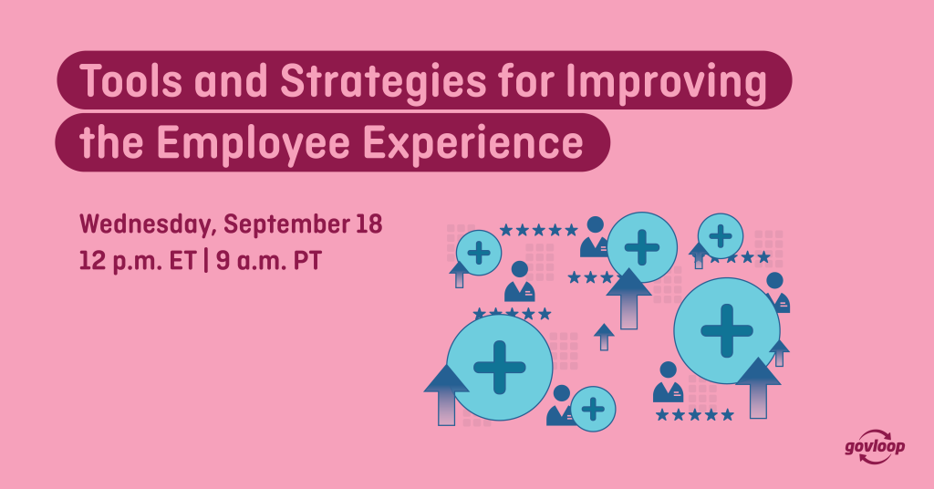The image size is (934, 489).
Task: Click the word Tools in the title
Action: point(130,80)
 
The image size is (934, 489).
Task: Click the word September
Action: point(285,225)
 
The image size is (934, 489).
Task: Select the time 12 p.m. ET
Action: point(138,261)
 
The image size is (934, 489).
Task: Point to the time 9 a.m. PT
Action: point(269,261)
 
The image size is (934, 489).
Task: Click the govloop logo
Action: point(875,446)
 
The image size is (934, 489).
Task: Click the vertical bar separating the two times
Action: point(206,261)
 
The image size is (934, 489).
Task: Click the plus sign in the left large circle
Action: point(499,368)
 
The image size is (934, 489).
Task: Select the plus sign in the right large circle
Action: point(727,330)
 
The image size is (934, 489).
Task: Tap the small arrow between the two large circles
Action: point(604,337)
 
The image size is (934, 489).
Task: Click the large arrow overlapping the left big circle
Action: point(446,395)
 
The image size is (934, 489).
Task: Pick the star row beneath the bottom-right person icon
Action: point(694,414)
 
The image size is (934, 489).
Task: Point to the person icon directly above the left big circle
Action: point(519,281)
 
